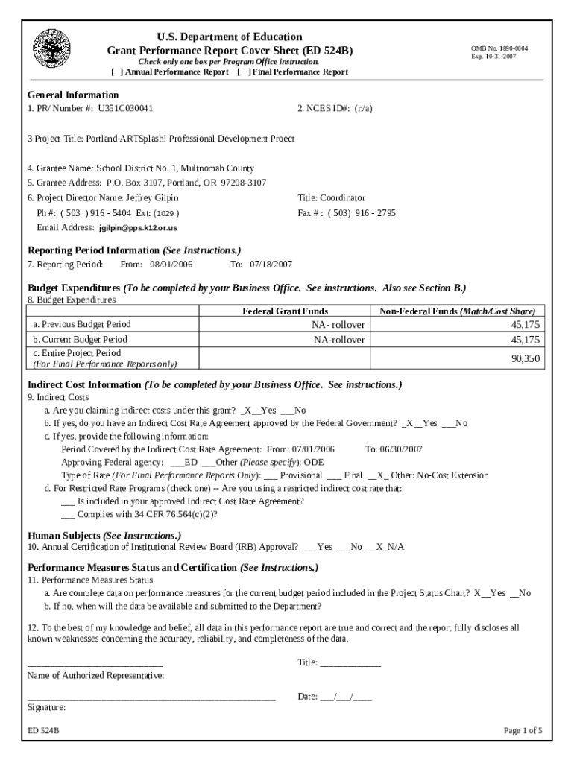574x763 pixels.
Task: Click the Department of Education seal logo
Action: click(x=51, y=48)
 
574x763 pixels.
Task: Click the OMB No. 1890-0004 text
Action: click(x=499, y=48)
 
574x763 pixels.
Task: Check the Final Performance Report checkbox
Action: click(x=243, y=72)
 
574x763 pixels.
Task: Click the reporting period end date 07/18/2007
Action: click(x=271, y=265)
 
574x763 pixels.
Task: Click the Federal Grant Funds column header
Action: click(x=285, y=311)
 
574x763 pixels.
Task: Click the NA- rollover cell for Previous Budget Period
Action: click(x=338, y=325)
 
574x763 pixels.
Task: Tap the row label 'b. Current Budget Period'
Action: click(x=80, y=340)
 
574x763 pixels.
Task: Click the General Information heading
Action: click(x=73, y=95)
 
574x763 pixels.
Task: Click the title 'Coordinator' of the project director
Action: click(x=343, y=198)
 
